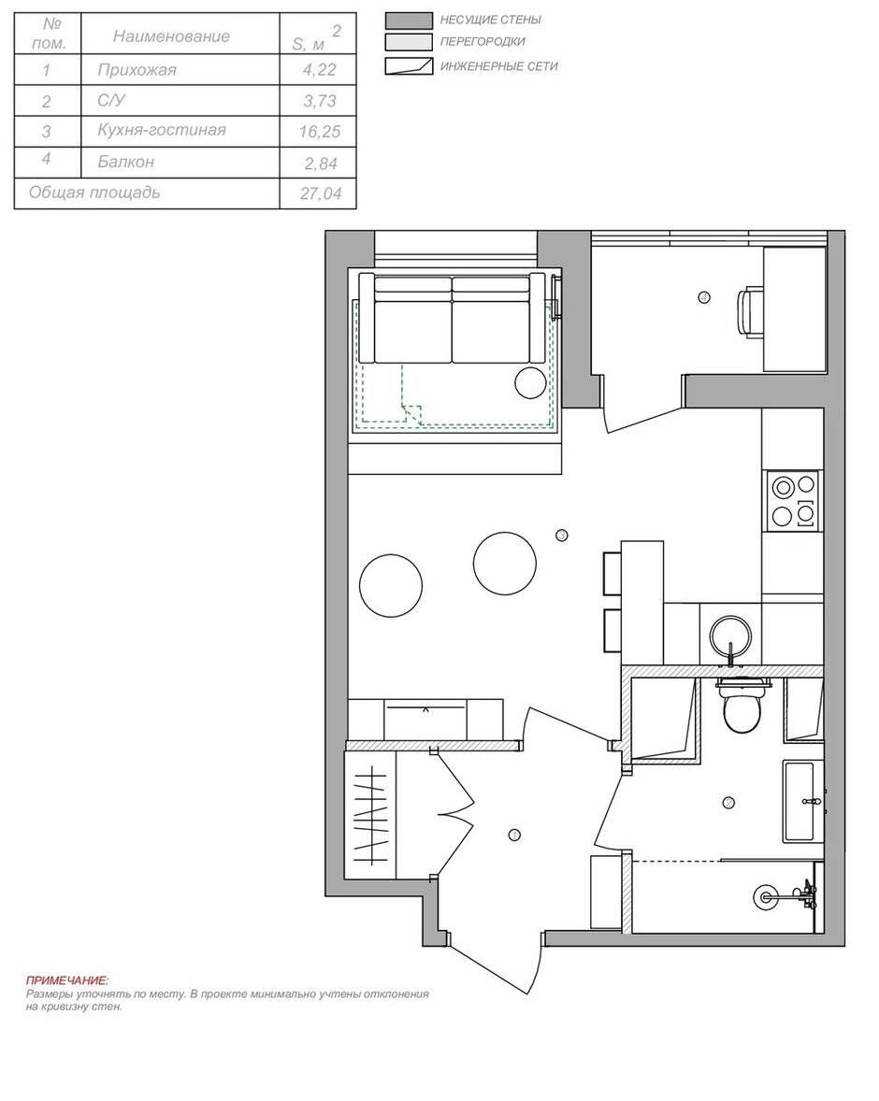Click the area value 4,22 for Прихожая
coord(319,69)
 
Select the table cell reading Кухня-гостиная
coord(162,130)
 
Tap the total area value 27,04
coord(321,193)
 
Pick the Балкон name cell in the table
coord(126,163)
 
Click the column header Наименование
coord(171,36)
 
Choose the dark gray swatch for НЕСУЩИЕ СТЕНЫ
coord(409,21)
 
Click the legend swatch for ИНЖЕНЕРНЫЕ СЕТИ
coord(409,66)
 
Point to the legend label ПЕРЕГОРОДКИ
coord(483,42)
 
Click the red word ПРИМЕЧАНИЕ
coord(67,980)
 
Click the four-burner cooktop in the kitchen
coord(794,501)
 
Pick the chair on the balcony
coord(750,308)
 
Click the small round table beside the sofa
coord(531,382)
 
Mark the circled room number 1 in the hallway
coord(514,836)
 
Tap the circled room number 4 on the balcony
coord(704,298)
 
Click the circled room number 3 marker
coord(561,535)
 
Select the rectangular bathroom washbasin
coord(799,801)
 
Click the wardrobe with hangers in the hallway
coord(370,814)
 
